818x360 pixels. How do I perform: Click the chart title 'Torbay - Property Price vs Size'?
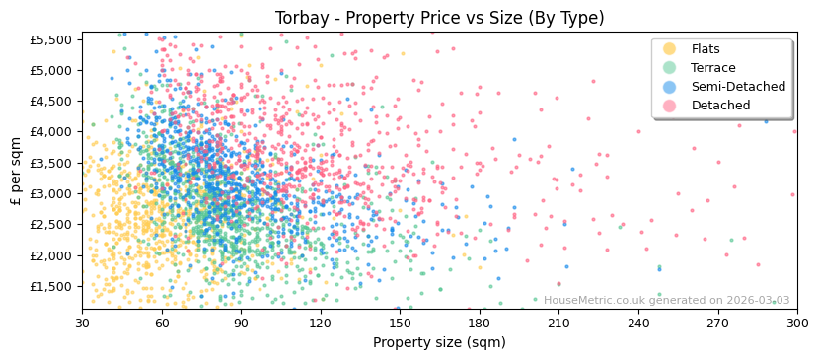(439, 18)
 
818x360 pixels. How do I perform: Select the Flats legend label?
(706, 49)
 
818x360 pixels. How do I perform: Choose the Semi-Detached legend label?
(738, 87)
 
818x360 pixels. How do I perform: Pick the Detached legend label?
(720, 106)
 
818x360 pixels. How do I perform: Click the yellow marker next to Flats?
(670, 49)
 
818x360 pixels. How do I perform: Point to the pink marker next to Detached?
(670, 106)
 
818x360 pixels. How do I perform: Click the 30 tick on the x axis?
(82, 323)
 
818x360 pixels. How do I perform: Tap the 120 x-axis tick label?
(320, 323)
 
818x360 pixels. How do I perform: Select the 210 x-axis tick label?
(558, 323)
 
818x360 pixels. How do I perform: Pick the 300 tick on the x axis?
(796, 323)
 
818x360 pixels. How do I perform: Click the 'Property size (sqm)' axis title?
(439, 343)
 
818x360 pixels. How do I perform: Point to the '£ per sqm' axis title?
(17, 171)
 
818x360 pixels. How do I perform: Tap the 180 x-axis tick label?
(479, 323)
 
